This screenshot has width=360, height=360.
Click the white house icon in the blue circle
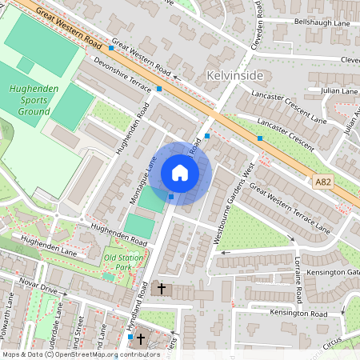[x=180, y=173]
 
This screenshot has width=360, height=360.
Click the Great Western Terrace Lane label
[x=289, y=208]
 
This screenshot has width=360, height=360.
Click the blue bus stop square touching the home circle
[x=171, y=197]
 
